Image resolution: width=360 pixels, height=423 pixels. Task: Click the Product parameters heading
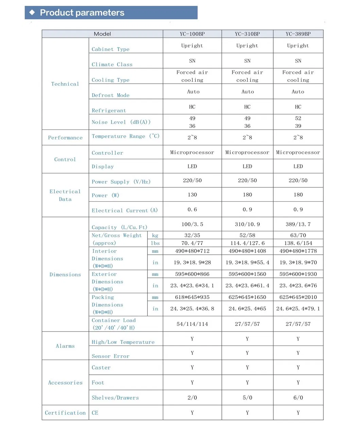click(x=82, y=13)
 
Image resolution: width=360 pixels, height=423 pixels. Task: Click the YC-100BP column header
click(x=192, y=34)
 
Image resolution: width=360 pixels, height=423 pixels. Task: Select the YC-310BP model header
click(x=247, y=34)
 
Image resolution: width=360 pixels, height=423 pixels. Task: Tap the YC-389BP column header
click(x=298, y=34)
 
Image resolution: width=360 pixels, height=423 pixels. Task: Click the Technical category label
click(x=65, y=84)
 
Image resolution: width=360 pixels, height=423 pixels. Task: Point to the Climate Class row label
click(x=112, y=64)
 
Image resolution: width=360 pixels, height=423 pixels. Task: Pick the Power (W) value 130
click(x=192, y=194)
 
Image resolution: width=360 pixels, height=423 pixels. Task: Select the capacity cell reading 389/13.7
click(x=298, y=224)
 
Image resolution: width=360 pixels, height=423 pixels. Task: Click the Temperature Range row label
click(x=125, y=136)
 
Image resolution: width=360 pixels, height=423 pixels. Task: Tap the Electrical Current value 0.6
click(x=192, y=209)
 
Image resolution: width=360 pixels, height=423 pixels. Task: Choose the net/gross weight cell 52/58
click(x=247, y=235)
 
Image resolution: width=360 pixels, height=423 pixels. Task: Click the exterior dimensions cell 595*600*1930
click(x=298, y=274)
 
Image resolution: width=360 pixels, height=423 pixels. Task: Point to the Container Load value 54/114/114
click(x=192, y=324)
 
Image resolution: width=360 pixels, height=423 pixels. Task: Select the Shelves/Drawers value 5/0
click(x=247, y=397)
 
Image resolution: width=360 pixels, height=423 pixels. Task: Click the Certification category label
click(x=65, y=412)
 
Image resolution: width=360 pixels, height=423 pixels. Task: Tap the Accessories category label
click(x=65, y=383)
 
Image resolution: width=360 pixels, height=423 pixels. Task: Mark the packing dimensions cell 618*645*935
click(x=192, y=297)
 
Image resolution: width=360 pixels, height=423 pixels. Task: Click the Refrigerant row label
click(x=109, y=110)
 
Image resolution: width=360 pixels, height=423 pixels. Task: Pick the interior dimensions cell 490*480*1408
click(x=247, y=251)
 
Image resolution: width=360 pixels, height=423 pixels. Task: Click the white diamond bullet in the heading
click(x=32, y=13)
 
